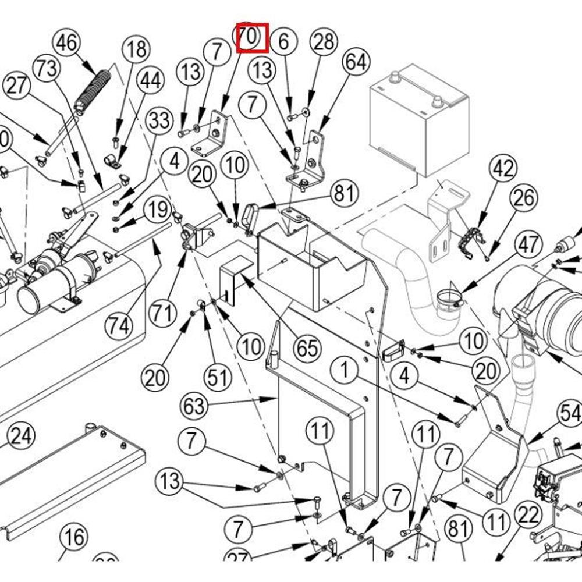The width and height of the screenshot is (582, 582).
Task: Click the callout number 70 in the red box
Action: tap(251, 38)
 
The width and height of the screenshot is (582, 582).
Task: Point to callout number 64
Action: tap(357, 62)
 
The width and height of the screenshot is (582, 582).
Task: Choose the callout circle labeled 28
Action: tap(325, 42)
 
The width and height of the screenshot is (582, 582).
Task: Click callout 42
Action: tap(504, 169)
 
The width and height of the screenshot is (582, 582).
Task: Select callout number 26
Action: tap(524, 198)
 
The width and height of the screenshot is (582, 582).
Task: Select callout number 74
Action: tap(119, 327)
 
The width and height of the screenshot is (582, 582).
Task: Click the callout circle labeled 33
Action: tap(159, 121)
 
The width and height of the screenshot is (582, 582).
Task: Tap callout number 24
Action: tap(22, 436)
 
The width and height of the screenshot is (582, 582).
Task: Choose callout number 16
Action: tap(73, 537)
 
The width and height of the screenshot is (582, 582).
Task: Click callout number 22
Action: tap(528, 515)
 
